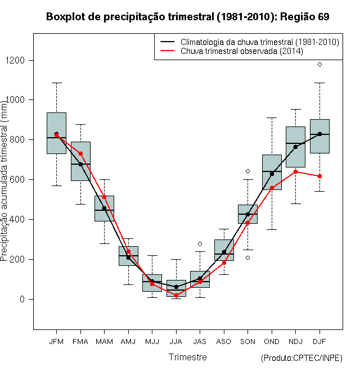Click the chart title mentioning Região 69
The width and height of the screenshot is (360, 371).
pos(187,17)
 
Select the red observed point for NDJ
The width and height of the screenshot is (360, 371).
pos(295,171)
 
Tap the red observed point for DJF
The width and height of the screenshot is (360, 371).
pos(319,176)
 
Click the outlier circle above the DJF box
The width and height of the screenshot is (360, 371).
pos(319,64)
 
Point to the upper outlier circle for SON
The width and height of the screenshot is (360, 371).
pos(247,171)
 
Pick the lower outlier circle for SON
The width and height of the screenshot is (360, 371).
pos(247,257)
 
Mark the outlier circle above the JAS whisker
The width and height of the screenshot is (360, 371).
pos(200,244)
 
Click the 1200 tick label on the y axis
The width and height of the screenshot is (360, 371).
pos(15,61)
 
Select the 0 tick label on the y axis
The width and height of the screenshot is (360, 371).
pos(22,299)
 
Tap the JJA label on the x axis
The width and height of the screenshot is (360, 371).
pos(176,342)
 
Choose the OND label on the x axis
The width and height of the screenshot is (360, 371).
pos(272,342)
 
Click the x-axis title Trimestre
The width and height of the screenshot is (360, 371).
pos(187,357)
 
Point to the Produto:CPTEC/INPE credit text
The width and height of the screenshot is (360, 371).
pos(301,358)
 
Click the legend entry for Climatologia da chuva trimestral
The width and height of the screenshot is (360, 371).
pos(250,42)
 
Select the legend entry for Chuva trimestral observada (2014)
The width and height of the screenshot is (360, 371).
pos(232,51)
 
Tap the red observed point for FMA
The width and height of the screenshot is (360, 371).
pos(80,154)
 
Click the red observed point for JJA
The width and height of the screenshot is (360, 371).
pos(176,295)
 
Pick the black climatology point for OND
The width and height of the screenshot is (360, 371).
pos(272,174)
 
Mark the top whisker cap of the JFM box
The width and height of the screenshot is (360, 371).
pos(57,83)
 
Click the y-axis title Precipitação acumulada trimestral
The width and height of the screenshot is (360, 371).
pos(4,181)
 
